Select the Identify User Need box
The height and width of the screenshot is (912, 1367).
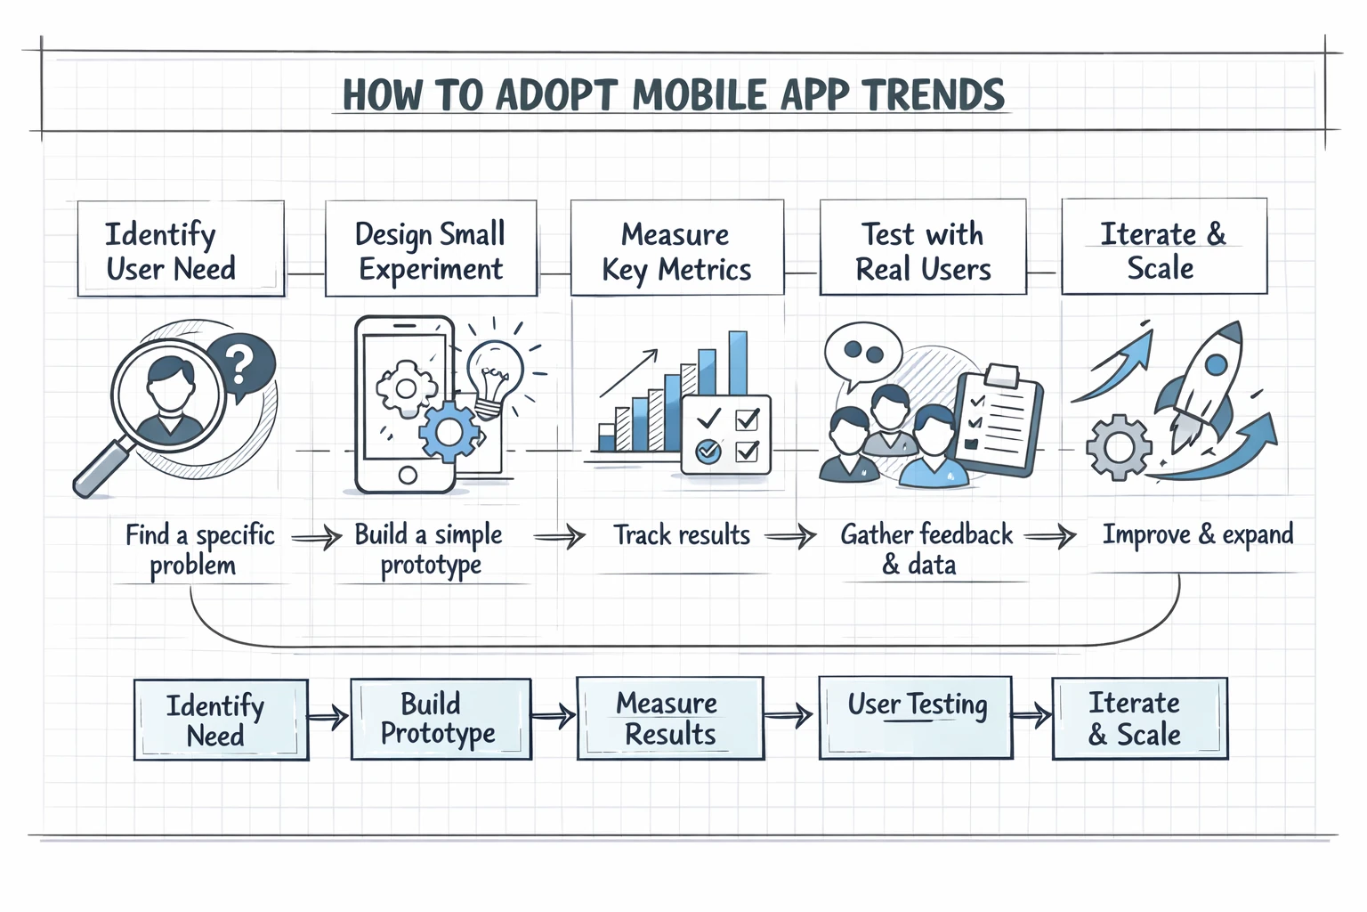point(181,249)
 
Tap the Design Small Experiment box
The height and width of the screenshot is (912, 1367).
point(431,249)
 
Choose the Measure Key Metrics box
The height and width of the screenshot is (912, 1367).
point(676,249)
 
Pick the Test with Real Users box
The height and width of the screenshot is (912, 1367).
point(923,249)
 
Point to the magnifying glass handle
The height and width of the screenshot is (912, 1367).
point(99,471)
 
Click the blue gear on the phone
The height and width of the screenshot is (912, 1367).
point(449,432)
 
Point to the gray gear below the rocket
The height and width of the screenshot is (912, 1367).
point(1119,447)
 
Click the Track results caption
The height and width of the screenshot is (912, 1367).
point(682,535)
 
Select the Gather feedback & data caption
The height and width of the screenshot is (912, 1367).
point(926,549)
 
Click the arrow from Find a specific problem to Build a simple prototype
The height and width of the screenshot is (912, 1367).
point(316,537)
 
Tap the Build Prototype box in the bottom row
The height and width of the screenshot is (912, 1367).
point(441,719)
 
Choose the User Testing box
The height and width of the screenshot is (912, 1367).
point(916,718)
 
